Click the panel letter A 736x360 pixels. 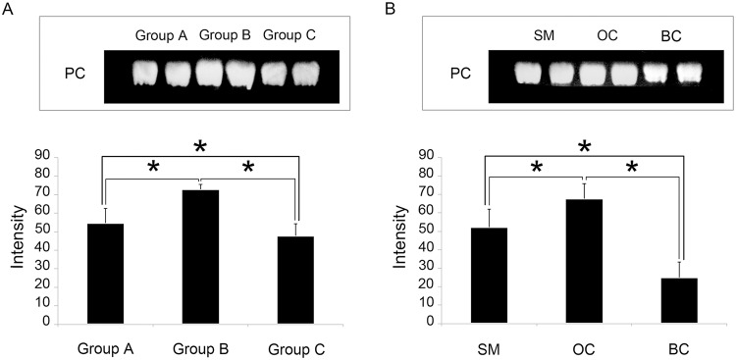(9, 10)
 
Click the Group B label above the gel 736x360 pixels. (226, 36)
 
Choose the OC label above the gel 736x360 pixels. (607, 36)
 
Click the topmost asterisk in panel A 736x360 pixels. (200, 147)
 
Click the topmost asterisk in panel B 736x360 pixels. (584, 147)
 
